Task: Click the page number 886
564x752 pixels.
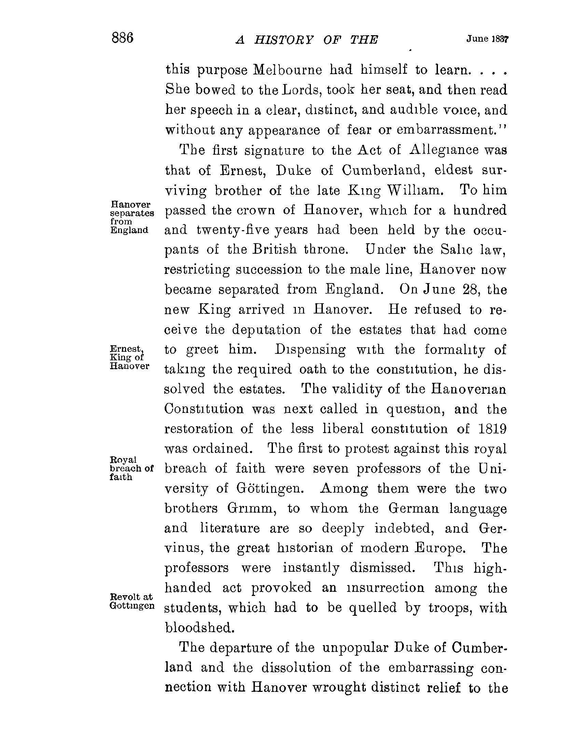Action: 122,38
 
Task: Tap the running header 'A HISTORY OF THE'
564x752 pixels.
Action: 307,40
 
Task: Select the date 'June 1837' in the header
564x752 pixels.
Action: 487,39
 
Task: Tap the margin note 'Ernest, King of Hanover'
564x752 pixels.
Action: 128,357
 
